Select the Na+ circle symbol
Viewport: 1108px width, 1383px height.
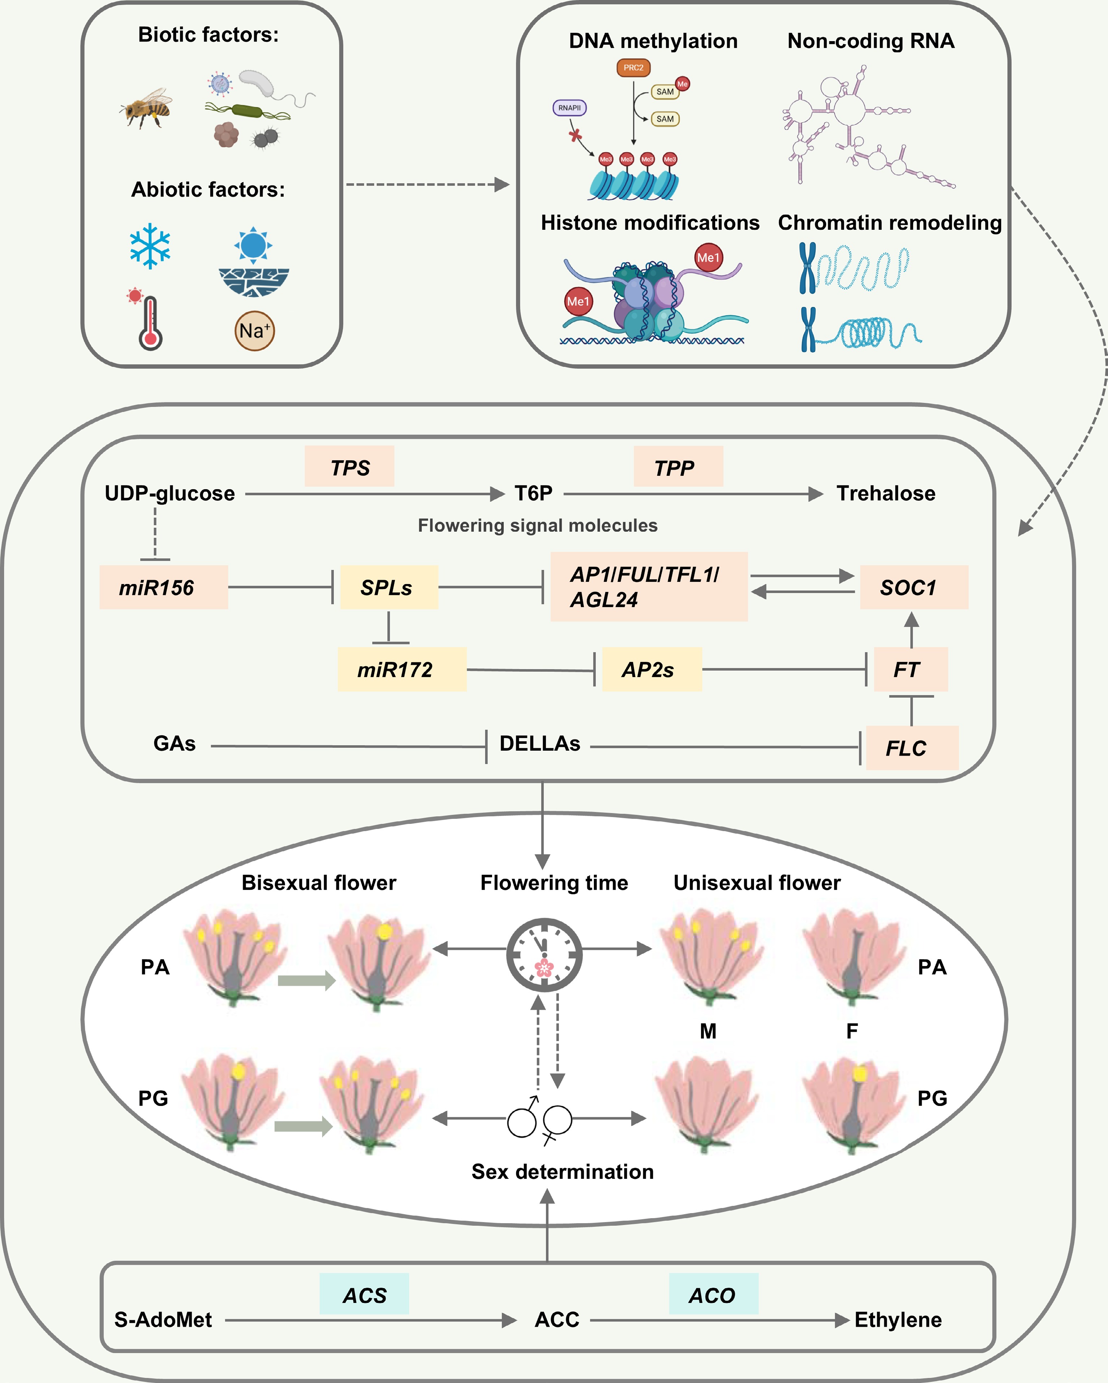[255, 331]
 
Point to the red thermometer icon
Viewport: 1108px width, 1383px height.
[149, 322]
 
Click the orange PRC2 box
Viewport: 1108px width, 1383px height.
[633, 68]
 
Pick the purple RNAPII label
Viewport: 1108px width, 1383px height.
[569, 108]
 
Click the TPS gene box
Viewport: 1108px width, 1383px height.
[350, 467]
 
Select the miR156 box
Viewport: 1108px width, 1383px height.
[163, 587]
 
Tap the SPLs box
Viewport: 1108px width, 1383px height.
[389, 587]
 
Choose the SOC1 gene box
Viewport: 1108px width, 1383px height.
[914, 587]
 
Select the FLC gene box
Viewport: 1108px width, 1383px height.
[912, 748]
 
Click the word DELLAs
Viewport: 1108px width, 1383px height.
[539, 743]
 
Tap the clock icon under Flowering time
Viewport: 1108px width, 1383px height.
[544, 955]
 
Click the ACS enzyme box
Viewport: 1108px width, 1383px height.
[364, 1295]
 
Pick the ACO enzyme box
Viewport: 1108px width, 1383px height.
[713, 1295]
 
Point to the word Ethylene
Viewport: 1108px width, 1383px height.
[898, 1320]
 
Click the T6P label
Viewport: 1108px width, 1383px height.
[533, 493]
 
